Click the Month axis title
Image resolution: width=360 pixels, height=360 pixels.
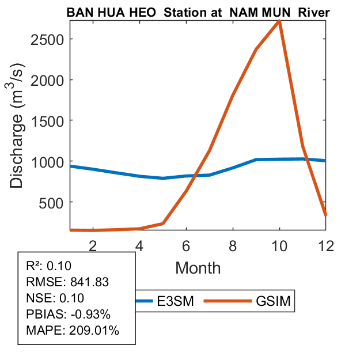(198, 267)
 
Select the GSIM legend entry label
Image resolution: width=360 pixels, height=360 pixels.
(275, 301)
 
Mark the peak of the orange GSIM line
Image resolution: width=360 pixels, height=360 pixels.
(279, 21)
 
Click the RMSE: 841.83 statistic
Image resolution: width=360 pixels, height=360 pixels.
(67, 282)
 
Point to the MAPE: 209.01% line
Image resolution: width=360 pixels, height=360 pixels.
(73, 331)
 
